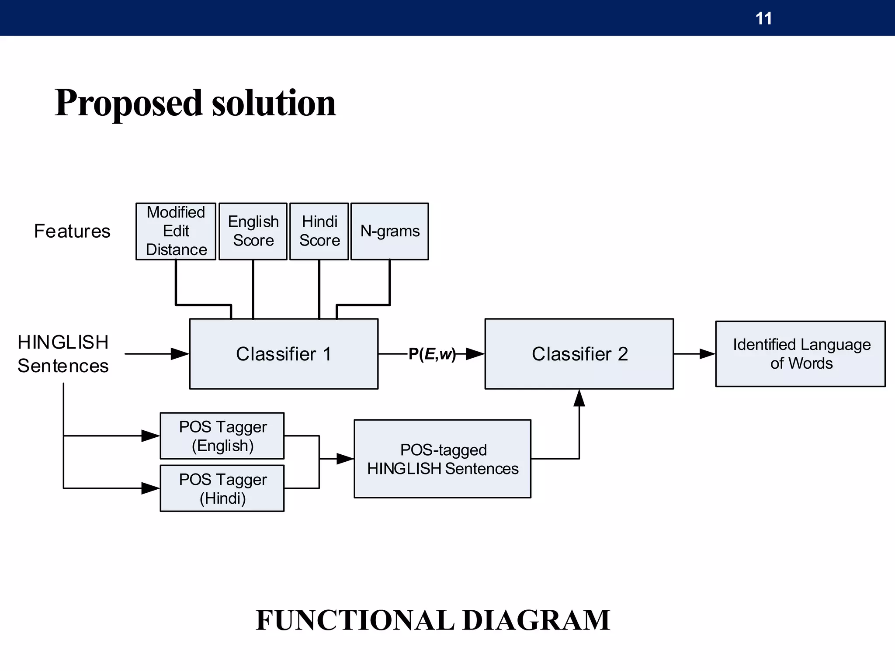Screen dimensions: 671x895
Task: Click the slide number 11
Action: tap(763, 19)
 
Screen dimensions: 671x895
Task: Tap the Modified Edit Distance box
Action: tap(176, 231)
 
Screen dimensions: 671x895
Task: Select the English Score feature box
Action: tap(253, 231)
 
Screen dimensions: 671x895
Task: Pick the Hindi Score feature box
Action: tap(319, 231)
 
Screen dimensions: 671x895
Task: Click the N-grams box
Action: tap(389, 231)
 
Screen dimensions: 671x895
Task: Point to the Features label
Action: tap(72, 231)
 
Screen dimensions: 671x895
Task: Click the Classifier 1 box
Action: tap(284, 354)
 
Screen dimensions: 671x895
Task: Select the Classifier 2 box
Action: tap(579, 354)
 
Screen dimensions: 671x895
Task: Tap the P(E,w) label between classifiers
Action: tap(432, 354)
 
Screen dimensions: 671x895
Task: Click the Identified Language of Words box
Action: tap(800, 354)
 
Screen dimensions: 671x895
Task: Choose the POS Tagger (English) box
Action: tap(222, 436)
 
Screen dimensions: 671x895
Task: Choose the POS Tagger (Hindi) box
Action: tap(222, 488)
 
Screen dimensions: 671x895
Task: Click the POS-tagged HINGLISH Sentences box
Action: tap(442, 459)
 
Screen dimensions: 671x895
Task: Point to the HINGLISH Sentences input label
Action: tap(63, 354)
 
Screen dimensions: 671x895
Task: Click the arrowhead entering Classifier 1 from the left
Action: tap(180, 354)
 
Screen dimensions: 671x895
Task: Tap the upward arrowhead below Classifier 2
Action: tap(579, 398)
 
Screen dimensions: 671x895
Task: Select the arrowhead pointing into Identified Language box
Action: tap(707, 354)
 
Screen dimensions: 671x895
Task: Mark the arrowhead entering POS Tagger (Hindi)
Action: tap(150, 488)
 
